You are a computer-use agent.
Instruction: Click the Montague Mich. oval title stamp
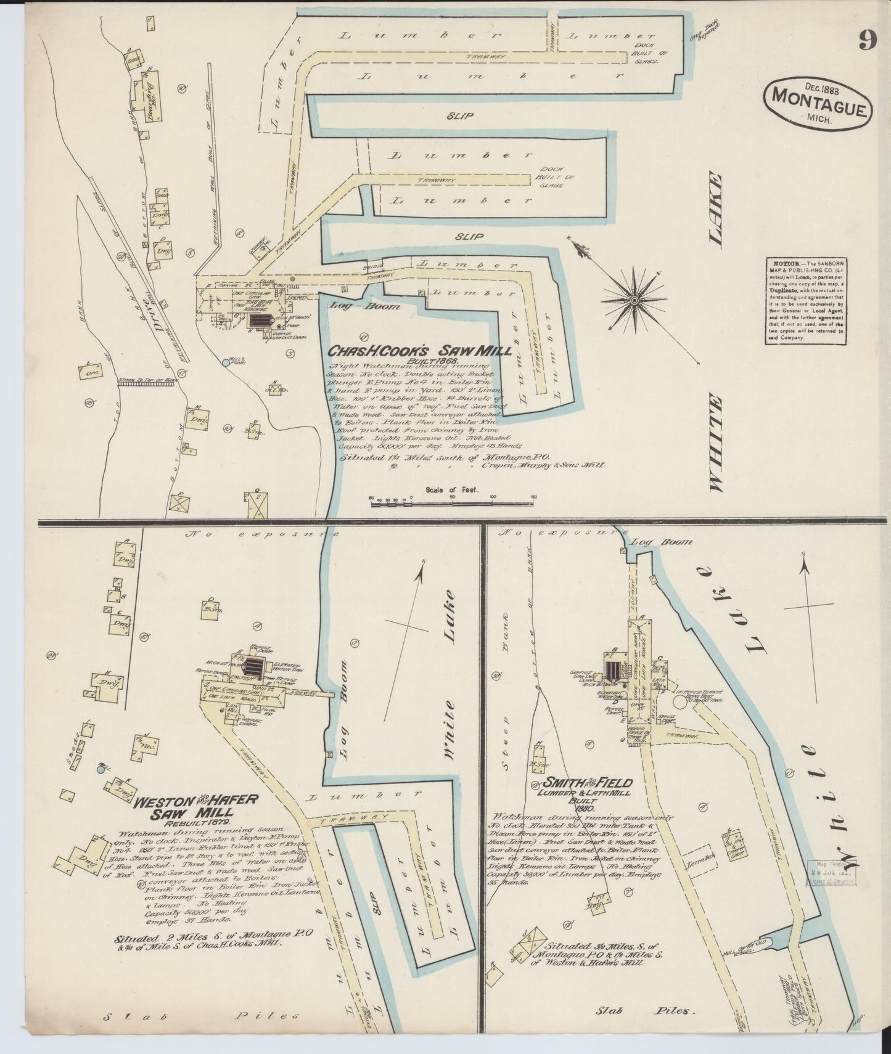click(818, 101)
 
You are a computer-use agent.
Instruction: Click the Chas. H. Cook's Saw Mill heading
click(419, 351)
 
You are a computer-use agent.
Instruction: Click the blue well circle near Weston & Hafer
click(101, 769)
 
